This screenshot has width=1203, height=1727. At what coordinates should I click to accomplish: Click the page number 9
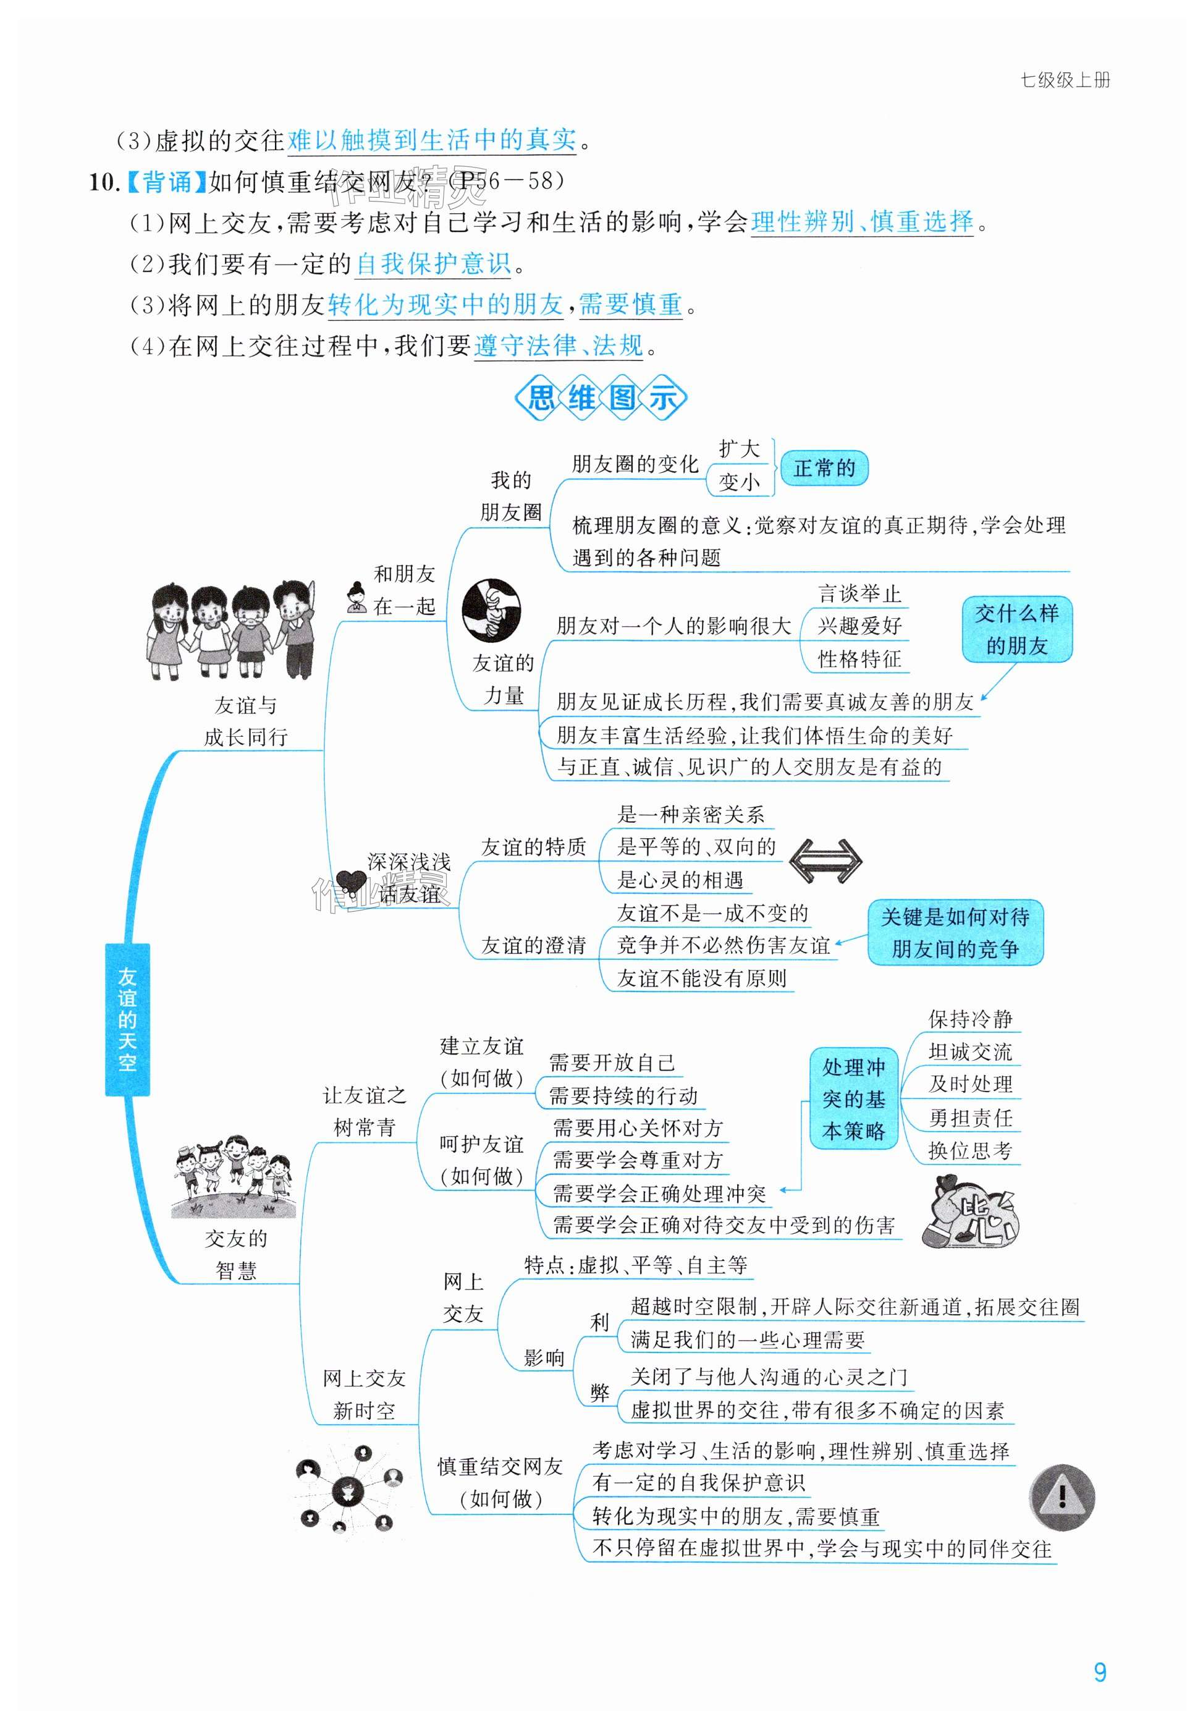[x=1099, y=1672]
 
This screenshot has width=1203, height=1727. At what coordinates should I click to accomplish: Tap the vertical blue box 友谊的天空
[x=127, y=1019]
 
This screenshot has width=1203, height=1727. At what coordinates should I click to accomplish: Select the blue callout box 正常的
[x=824, y=469]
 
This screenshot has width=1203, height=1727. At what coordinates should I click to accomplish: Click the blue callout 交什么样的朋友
[x=1016, y=630]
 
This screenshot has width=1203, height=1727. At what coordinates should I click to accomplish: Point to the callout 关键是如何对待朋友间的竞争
[x=955, y=933]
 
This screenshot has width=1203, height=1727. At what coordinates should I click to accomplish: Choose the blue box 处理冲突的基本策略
[x=853, y=1099]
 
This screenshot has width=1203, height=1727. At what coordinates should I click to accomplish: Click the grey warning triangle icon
[x=1061, y=1498]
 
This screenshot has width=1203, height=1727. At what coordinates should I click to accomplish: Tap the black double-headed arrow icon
[x=825, y=860]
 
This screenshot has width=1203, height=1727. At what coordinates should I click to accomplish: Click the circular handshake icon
[x=491, y=610]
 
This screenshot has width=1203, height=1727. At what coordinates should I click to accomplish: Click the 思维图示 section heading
[x=600, y=397]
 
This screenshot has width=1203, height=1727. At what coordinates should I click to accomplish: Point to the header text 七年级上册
[x=1065, y=80]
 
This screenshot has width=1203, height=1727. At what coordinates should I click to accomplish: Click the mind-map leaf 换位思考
[x=970, y=1151]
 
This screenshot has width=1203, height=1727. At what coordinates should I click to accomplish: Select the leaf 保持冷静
[x=970, y=1019]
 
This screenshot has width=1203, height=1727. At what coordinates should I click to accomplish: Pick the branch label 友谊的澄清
[x=533, y=946]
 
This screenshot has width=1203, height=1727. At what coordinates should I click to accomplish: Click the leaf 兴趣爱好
[x=859, y=626]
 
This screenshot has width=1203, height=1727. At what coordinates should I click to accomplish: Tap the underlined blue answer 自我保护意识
[x=434, y=264]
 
